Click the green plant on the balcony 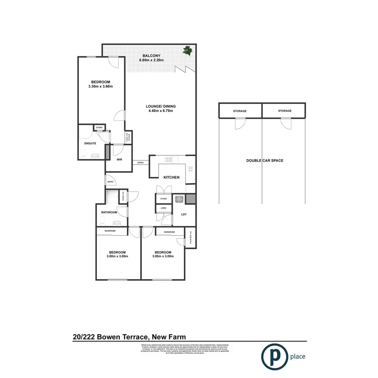(x=188, y=51)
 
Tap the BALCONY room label (x=152, y=56)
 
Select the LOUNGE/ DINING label (x=161, y=107)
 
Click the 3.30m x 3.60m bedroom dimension (x=100, y=86)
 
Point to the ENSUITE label (x=90, y=144)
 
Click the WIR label (x=120, y=160)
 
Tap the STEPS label (x=141, y=163)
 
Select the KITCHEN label (x=171, y=177)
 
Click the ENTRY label (x=110, y=182)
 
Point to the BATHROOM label (x=109, y=212)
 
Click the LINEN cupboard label (x=163, y=208)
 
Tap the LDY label (x=184, y=215)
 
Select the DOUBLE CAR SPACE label (x=264, y=161)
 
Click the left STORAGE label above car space (x=240, y=111)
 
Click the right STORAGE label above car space (x=285, y=111)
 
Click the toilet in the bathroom (x=103, y=221)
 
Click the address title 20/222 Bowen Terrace (x=129, y=337)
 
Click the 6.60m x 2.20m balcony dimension (x=152, y=60)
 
